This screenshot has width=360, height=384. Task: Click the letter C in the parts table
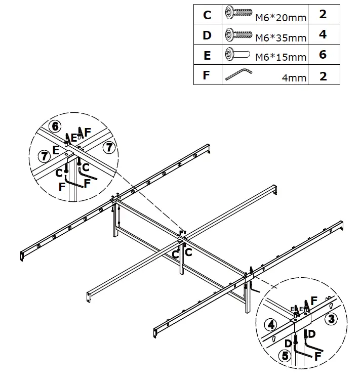click(x=207, y=15)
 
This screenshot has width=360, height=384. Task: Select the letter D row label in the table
click(x=207, y=35)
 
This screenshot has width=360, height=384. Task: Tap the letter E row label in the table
click(x=207, y=56)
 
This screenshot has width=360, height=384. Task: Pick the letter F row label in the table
click(x=206, y=76)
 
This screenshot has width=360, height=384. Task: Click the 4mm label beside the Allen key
click(x=295, y=78)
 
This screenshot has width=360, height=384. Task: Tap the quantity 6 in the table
click(x=323, y=55)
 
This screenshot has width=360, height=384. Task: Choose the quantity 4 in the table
click(x=323, y=35)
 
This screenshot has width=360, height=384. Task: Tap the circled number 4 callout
click(x=272, y=324)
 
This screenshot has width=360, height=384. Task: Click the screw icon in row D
click(x=238, y=34)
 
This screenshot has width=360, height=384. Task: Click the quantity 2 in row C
click(x=323, y=14)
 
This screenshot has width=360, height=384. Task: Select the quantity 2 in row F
click(x=323, y=76)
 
